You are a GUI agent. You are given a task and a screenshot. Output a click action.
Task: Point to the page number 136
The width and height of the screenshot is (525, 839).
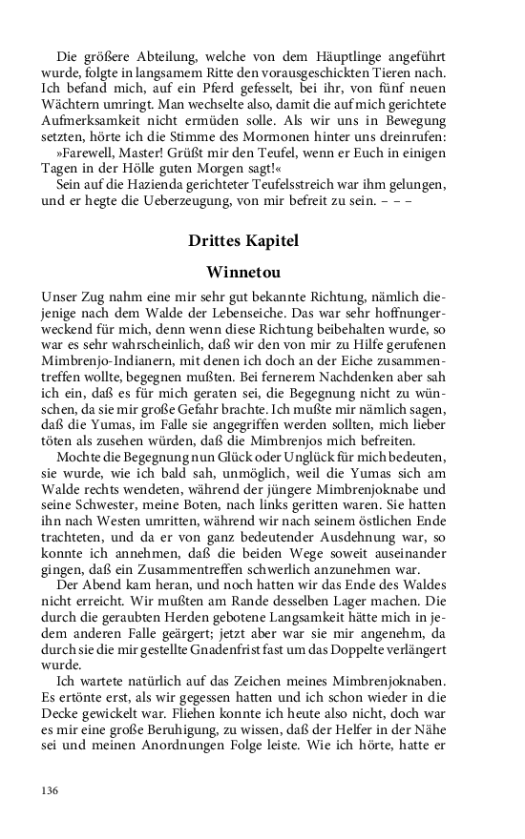click(x=51, y=790)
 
